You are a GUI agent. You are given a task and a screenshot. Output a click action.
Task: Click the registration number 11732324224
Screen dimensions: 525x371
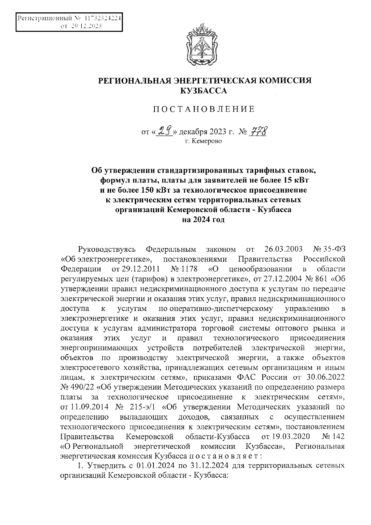[100, 18]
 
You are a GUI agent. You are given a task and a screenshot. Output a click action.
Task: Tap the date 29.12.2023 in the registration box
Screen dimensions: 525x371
[87, 27]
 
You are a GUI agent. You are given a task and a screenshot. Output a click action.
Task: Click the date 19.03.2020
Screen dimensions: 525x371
[292, 436]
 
